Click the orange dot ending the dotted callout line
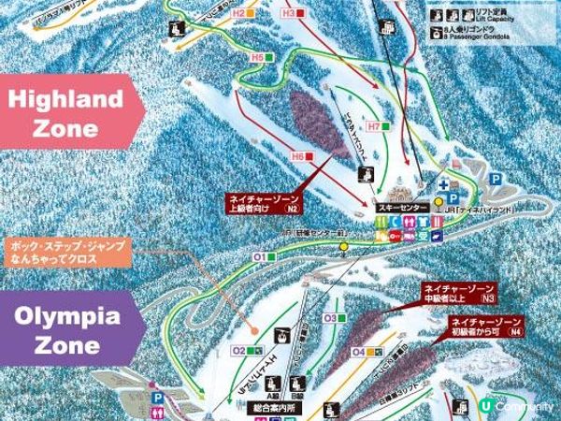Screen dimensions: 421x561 (254, 330)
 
